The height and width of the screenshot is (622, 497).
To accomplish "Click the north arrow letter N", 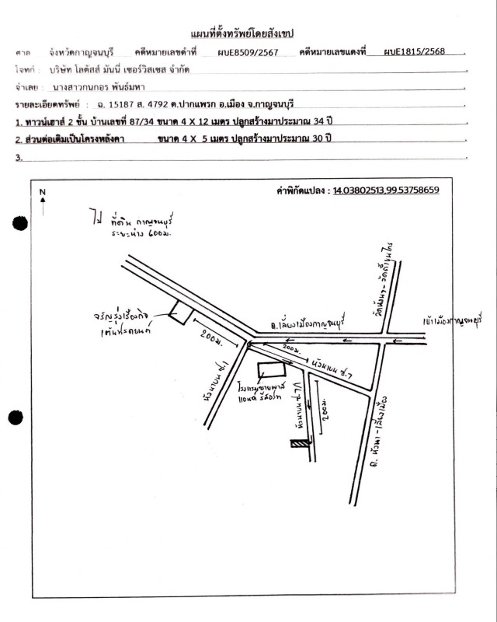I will click(x=43, y=192).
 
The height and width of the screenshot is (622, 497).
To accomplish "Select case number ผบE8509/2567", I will click(x=243, y=52).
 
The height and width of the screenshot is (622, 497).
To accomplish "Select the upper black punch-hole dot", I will click(x=21, y=224).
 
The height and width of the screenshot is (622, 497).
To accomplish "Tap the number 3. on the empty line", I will click(x=18, y=156).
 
